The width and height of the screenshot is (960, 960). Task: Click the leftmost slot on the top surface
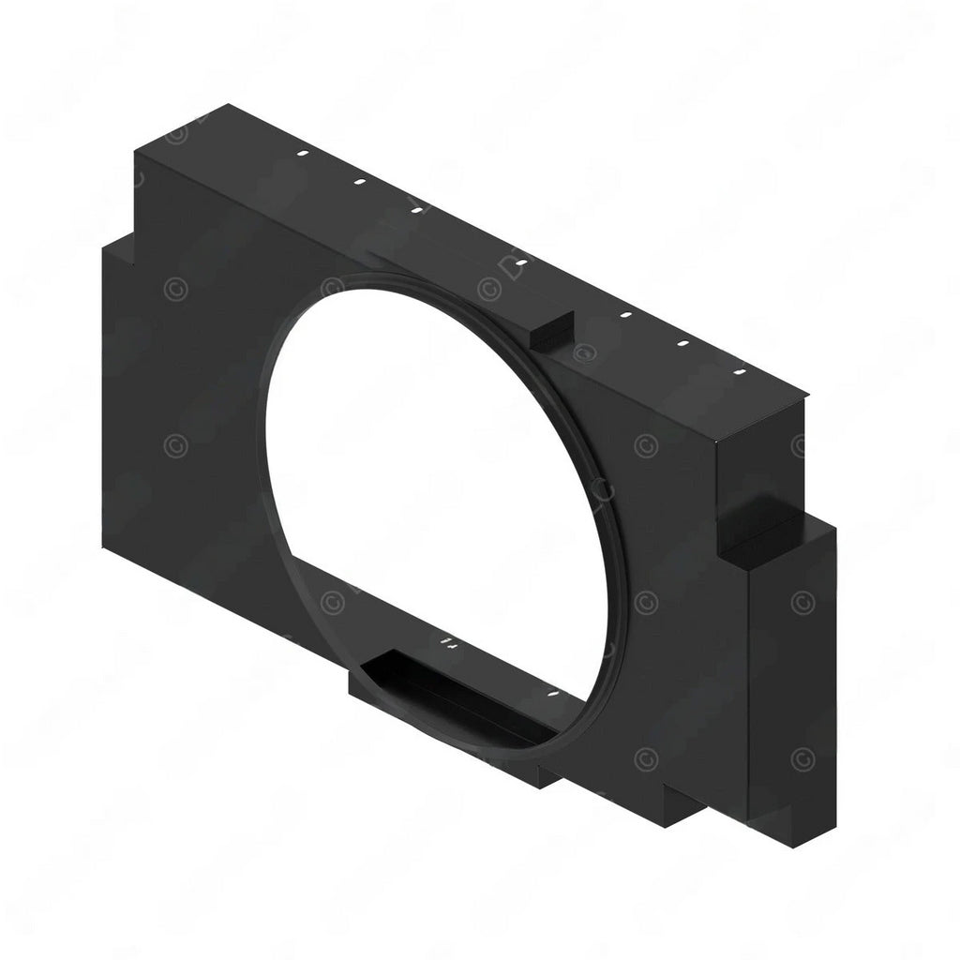coord(302,153)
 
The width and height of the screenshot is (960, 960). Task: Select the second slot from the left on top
coord(358,182)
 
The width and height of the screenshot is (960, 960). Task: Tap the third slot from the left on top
coord(416,211)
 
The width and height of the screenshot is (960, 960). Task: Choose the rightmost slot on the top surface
coord(741,373)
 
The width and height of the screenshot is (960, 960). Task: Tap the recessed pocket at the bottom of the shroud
coord(441,684)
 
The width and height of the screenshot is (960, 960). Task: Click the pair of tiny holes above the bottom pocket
coord(447,643)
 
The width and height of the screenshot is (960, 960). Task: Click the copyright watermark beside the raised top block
coord(584,353)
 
